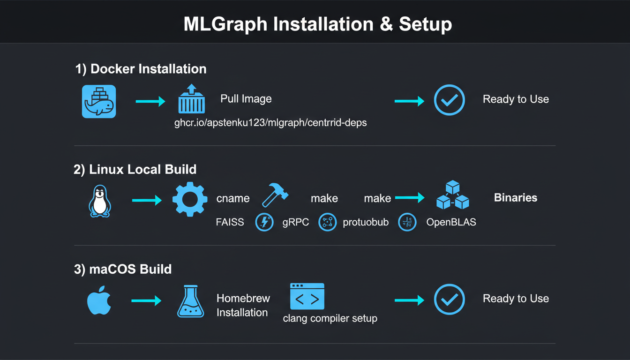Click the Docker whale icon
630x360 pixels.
tap(99, 101)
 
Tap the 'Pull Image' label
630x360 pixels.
tap(246, 99)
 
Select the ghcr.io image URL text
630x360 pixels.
tap(270, 123)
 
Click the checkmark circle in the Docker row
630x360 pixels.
tap(449, 100)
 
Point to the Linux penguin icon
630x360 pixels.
tap(99, 201)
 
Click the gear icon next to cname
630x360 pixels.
tap(190, 199)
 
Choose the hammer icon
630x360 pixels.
tap(275, 195)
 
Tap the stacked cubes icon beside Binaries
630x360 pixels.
tap(452, 196)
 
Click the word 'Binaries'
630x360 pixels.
tap(516, 197)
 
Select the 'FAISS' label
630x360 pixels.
tap(230, 222)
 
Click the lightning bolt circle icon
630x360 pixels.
tap(264, 222)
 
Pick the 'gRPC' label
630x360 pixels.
tap(296, 222)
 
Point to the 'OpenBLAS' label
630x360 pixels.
tap(451, 222)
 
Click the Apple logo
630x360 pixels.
tap(99, 300)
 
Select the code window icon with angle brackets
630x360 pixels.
tap(307, 296)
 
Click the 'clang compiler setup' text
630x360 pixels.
tap(330, 318)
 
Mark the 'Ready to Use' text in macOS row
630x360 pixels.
tap(516, 299)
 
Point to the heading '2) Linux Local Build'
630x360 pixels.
tap(135, 169)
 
